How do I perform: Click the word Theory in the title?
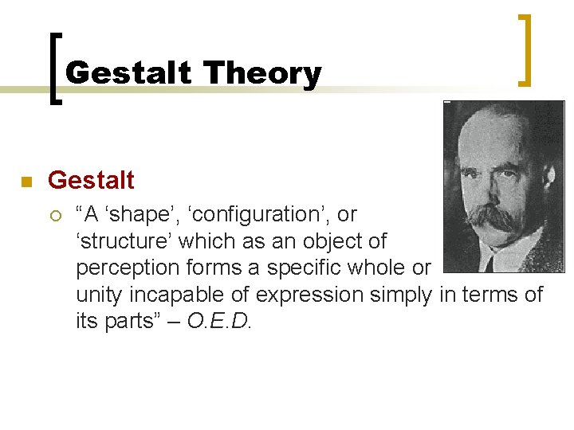[x=261, y=73]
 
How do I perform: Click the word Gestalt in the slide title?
[x=129, y=73]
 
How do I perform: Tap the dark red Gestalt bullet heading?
[x=91, y=181]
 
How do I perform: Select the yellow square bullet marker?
[x=26, y=182]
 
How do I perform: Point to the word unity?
[x=100, y=295]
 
